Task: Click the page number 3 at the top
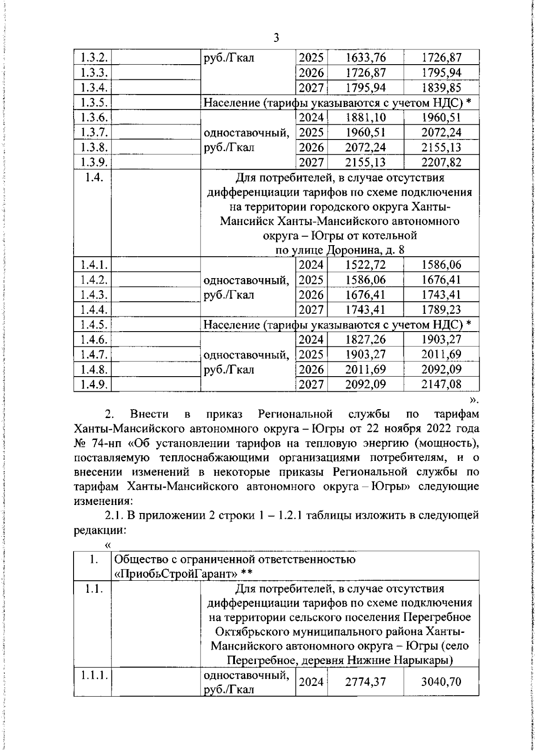(276, 37)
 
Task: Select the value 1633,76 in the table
(366, 57)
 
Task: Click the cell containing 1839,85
(441, 87)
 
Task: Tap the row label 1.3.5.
(92, 103)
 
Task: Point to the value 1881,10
(366, 118)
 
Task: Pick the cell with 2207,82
(441, 162)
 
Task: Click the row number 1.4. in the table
(92, 177)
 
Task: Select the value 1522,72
(366, 265)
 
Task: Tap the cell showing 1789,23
(441, 309)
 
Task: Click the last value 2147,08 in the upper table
(441, 384)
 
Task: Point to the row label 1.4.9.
(92, 384)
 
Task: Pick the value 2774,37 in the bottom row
(366, 681)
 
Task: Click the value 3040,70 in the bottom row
(441, 681)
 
